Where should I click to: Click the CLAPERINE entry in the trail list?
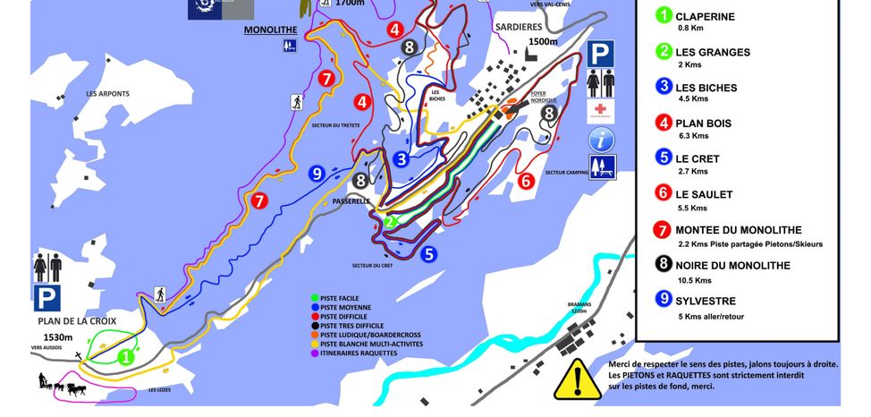click(705, 16)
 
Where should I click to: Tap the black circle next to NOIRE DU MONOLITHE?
click(663, 266)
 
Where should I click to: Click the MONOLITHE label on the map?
click(269, 30)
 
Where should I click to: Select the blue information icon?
click(602, 140)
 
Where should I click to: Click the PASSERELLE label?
click(351, 201)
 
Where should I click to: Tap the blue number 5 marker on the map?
click(429, 254)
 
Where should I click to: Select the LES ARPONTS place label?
click(108, 93)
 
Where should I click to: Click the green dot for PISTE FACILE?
click(314, 298)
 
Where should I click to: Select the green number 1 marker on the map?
click(126, 356)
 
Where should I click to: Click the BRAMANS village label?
click(579, 306)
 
